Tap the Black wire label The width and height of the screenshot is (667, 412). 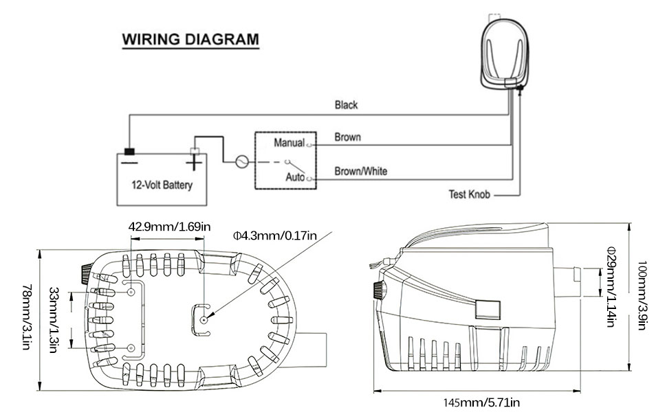(x=346, y=105)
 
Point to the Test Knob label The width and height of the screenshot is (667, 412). (x=469, y=195)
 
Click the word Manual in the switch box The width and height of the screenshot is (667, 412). (x=289, y=143)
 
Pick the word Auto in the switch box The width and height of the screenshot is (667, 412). (x=295, y=177)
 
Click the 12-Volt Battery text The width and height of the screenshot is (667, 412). (x=162, y=185)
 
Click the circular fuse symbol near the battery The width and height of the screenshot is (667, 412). (x=241, y=163)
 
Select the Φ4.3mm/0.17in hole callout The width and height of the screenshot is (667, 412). (x=274, y=236)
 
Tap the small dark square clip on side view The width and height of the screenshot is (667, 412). (x=488, y=308)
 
